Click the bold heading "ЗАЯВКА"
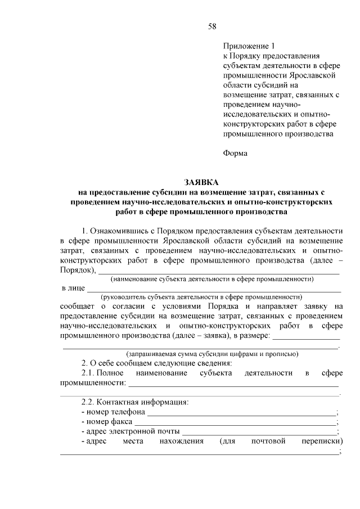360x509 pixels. tap(201, 182)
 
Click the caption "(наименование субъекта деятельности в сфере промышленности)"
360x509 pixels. tap(212, 279)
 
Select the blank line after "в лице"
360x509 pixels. tap(213, 289)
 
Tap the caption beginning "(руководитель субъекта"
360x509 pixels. tap(201, 297)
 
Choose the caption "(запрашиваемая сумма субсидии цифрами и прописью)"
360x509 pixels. tap(212, 354)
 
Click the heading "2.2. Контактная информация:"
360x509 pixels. tap(135, 403)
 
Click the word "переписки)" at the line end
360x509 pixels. tap(322, 442)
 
